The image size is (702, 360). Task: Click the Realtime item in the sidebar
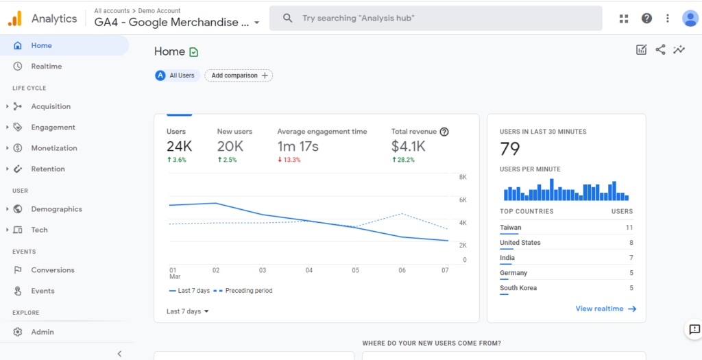click(x=46, y=67)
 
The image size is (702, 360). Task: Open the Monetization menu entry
click(x=53, y=148)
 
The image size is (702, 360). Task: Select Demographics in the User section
click(x=56, y=209)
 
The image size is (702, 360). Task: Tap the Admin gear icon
click(x=17, y=332)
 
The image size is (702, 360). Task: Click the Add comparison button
click(x=239, y=75)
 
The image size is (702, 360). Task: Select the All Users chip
click(x=178, y=75)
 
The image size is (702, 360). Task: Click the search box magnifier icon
click(x=288, y=19)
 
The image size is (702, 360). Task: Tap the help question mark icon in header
click(x=646, y=19)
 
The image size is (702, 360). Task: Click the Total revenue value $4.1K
click(x=409, y=146)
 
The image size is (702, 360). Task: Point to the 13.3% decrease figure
click(x=289, y=160)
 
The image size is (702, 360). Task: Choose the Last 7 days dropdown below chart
click(x=188, y=311)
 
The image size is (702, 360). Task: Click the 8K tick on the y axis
click(x=463, y=177)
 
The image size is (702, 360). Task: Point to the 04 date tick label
click(x=309, y=270)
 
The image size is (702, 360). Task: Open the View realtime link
click(x=606, y=309)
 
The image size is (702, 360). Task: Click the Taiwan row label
click(x=510, y=228)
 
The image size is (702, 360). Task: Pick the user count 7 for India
click(x=631, y=258)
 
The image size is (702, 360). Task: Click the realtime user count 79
click(x=510, y=149)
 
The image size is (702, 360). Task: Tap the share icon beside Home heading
click(x=660, y=49)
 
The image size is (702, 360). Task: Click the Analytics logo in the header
click(x=15, y=19)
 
